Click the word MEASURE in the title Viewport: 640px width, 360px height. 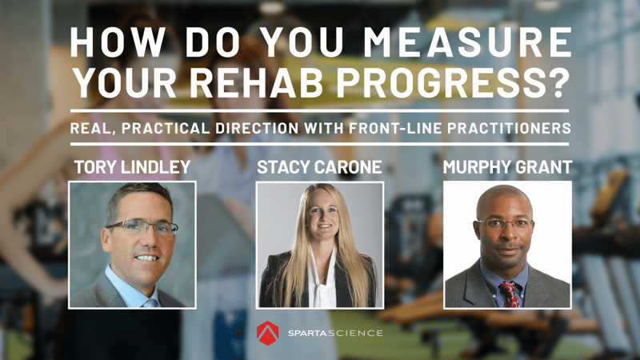pos(467,42)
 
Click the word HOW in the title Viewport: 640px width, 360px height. pos(118,42)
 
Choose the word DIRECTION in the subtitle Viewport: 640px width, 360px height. pos(257,128)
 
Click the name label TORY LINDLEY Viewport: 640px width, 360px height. pos(132,167)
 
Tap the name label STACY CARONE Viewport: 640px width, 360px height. pos(319,167)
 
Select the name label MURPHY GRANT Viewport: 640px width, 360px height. pos(507,167)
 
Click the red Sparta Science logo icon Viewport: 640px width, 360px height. pos(267,333)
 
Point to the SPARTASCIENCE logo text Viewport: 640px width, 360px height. pos(335,333)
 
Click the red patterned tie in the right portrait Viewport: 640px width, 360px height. pos(509,294)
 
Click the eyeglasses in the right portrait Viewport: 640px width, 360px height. pos(505,224)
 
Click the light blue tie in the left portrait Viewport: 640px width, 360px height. pos(150,303)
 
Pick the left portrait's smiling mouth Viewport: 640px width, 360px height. pos(147,258)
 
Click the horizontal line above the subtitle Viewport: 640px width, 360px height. pos(319,110)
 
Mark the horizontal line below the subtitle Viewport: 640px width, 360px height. pos(319,144)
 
